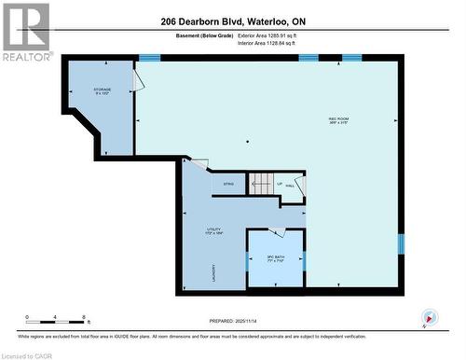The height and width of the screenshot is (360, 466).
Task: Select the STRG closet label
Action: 227,185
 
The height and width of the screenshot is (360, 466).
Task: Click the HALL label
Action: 290,186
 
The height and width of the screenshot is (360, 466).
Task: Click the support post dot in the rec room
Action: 248,142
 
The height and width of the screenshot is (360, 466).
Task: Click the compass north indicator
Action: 429,316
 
